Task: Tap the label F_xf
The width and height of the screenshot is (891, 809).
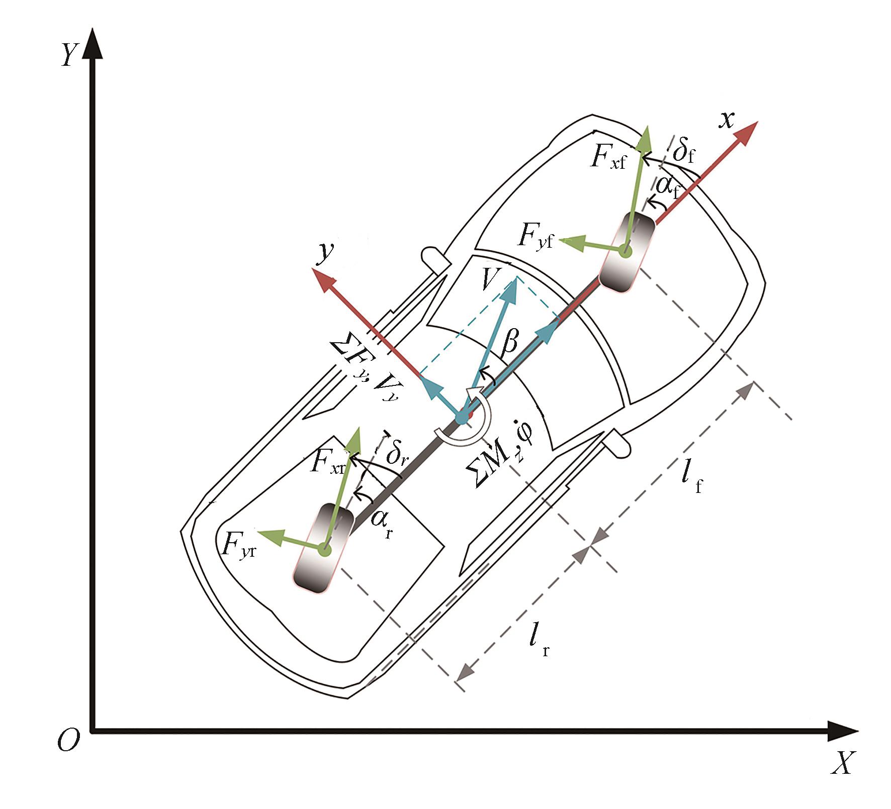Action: click(609, 158)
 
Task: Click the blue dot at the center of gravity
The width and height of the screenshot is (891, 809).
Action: click(461, 418)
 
